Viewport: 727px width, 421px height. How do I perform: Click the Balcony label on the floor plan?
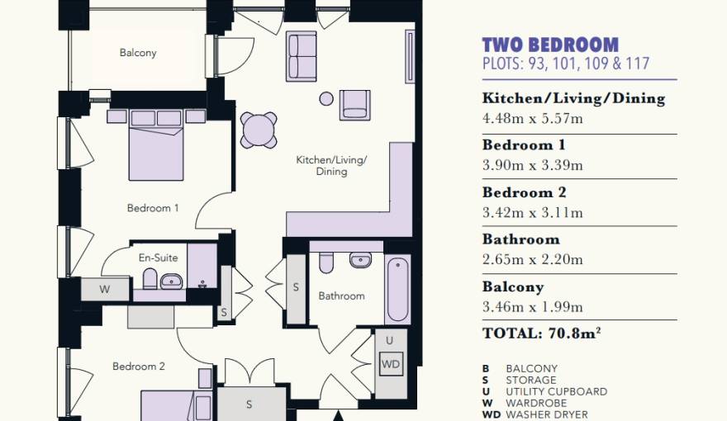138,53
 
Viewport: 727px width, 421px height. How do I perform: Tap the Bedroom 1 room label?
153,208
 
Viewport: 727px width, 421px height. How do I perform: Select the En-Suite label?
158,258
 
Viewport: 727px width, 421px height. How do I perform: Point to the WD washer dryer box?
391,364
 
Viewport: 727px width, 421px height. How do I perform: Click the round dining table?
259,130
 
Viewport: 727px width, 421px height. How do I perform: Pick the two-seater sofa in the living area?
302,56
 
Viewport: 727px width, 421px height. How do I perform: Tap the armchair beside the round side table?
354,105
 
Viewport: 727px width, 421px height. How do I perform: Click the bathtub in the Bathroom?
398,290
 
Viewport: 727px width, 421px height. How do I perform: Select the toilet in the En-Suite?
150,279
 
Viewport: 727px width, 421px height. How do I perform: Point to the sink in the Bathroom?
361,260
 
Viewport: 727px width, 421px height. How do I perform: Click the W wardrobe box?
105,290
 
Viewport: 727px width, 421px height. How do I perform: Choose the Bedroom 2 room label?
139,367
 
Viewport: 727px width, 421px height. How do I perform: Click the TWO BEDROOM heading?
550,45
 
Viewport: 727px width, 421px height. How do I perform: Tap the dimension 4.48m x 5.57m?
532,119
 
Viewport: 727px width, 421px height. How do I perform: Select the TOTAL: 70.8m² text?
542,333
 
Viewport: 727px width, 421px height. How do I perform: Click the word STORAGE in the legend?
531,381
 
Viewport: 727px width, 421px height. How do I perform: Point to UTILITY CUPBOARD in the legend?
556,392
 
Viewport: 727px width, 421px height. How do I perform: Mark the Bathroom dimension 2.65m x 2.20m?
532,259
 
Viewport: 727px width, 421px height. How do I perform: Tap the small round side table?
326,99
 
